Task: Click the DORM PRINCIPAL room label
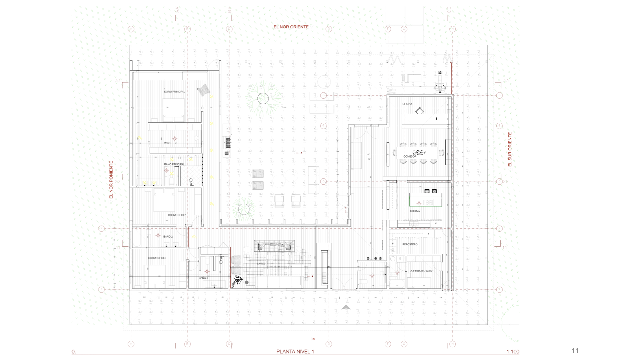click(x=174, y=92)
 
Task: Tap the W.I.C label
click(x=167, y=143)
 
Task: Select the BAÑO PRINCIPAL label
click(x=174, y=164)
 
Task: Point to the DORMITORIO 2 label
click(x=177, y=215)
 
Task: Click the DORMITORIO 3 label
click(x=157, y=258)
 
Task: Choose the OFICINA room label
click(x=407, y=104)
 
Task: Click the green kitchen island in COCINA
click(x=426, y=200)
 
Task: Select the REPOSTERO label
click(x=410, y=244)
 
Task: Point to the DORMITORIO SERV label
click(x=421, y=271)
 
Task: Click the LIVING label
click(x=261, y=264)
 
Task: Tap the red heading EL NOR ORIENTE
click(x=291, y=27)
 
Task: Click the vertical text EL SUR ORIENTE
click(x=510, y=149)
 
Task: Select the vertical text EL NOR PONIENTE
click(x=111, y=180)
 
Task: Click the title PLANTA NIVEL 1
click(x=295, y=351)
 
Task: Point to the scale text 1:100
click(x=513, y=352)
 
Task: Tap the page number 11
click(x=575, y=350)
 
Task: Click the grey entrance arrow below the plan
click(x=346, y=307)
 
